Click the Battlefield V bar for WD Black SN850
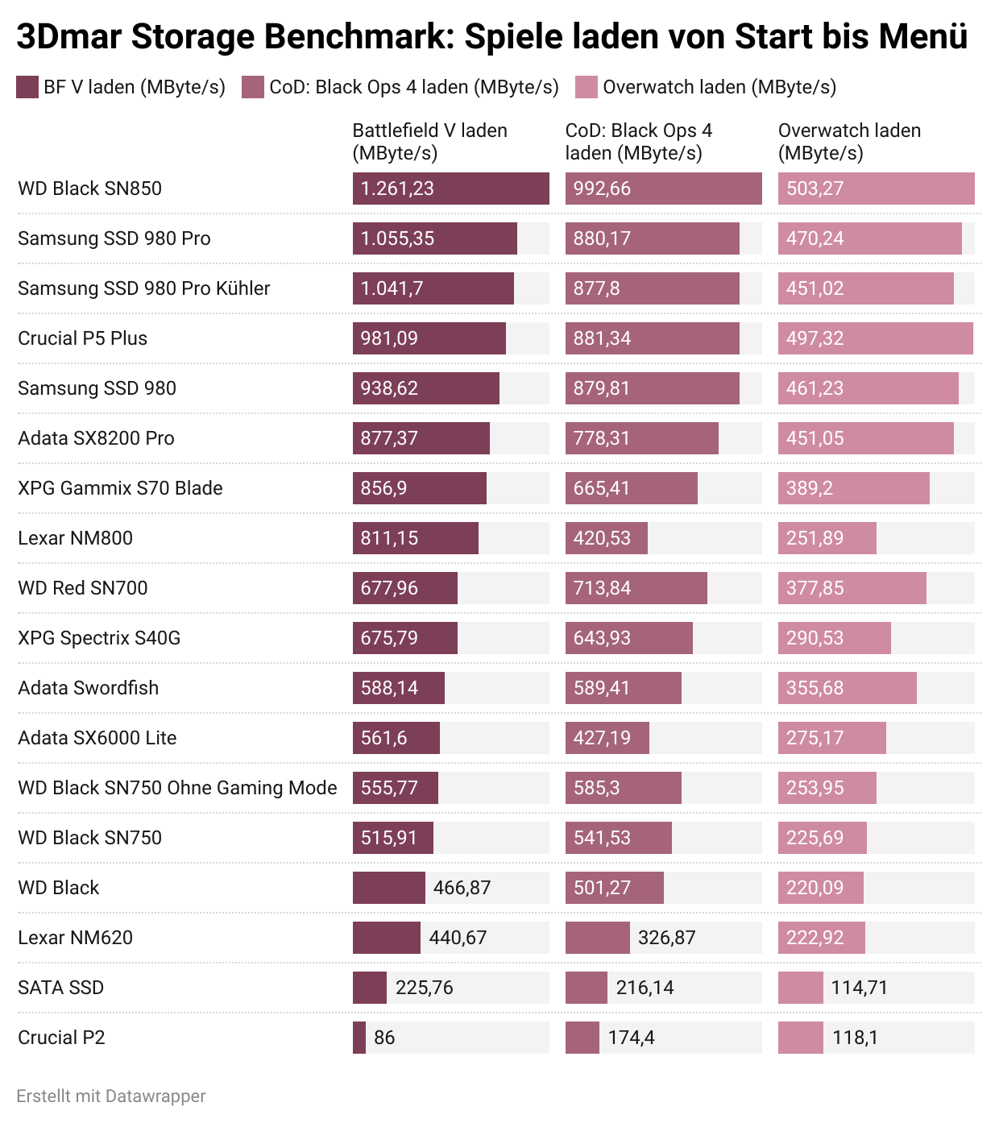[450, 189]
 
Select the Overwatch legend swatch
[587, 87]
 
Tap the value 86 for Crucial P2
[384, 1038]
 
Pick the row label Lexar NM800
[75, 538]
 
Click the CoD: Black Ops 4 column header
[638, 142]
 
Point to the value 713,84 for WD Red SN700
[602, 588]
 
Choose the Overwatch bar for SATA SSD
[800, 988]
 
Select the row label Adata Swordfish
[88, 688]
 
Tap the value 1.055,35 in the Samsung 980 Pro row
[397, 238]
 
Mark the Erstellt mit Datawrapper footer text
[111, 1096]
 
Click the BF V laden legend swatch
[27, 87]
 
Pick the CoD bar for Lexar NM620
[597, 938]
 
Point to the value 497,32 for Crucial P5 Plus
[815, 338]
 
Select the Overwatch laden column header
[849, 142]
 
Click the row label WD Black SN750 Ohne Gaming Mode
[177, 788]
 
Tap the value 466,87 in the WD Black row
[462, 888]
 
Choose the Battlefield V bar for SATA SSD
[370, 988]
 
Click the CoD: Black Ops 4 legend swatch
[253, 87]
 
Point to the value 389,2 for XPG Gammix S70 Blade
[809, 488]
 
